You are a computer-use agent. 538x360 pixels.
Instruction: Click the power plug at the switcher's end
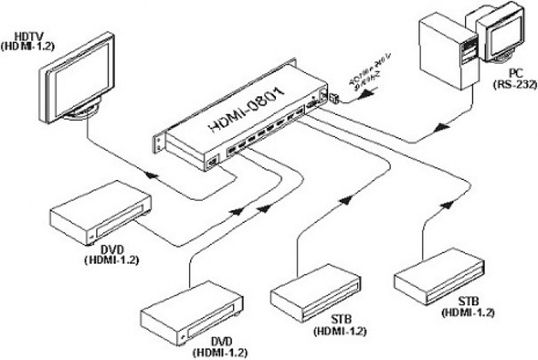(336, 96)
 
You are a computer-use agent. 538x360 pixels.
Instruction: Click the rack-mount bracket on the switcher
(160, 142)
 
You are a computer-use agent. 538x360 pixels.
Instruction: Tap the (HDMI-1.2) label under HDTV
(28, 45)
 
